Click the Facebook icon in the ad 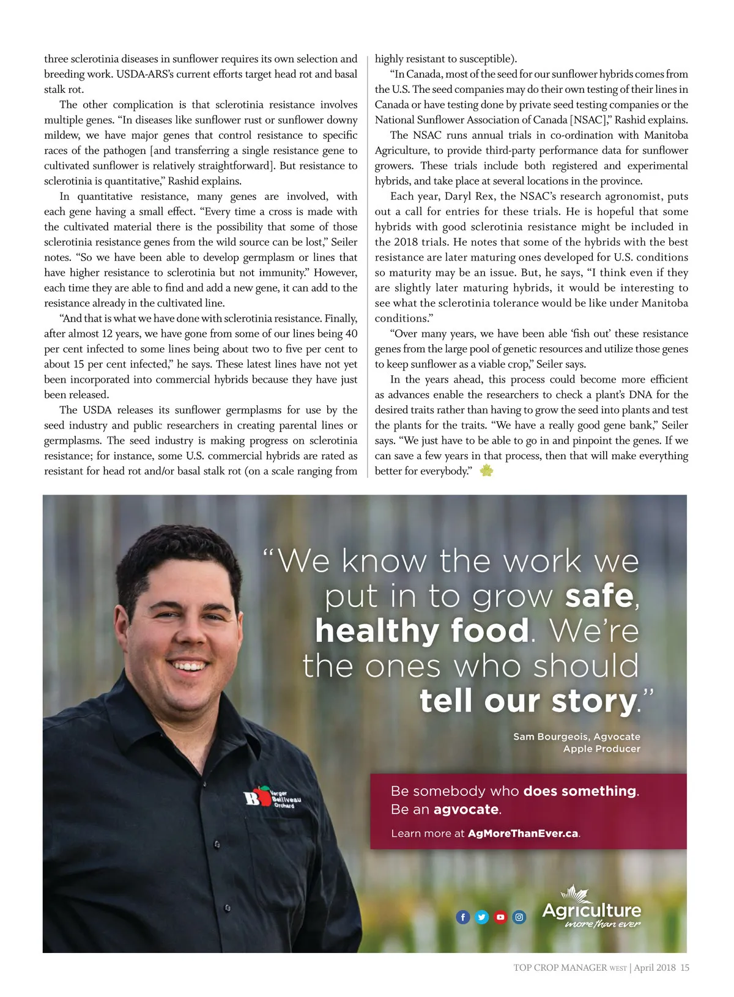click(x=463, y=917)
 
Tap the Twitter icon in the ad click(x=482, y=917)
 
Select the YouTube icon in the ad click(x=500, y=917)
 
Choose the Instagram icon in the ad click(x=519, y=917)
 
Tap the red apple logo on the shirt click(x=262, y=796)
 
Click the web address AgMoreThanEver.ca click(x=523, y=833)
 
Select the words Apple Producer click(x=601, y=749)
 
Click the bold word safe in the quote click(x=599, y=596)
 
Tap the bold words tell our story click(x=528, y=701)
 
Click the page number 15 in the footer click(x=685, y=968)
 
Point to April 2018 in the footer click(x=654, y=968)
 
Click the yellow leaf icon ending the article click(x=486, y=471)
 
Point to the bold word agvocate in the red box click(x=466, y=809)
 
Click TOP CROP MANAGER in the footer click(x=560, y=968)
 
